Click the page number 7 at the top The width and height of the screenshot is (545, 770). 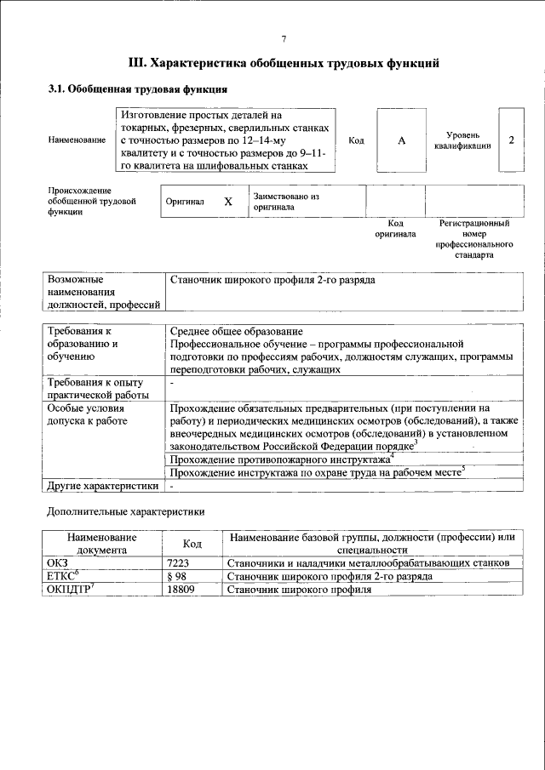(284, 39)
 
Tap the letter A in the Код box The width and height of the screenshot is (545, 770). (401, 140)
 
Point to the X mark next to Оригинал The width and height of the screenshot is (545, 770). (227, 202)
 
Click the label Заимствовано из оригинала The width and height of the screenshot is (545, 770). (285, 202)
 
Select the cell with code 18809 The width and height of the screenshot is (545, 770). (181, 589)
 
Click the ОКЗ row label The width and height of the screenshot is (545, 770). (56, 563)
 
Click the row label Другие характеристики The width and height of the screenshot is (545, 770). (102, 487)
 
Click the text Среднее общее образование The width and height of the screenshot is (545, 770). (236, 331)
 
